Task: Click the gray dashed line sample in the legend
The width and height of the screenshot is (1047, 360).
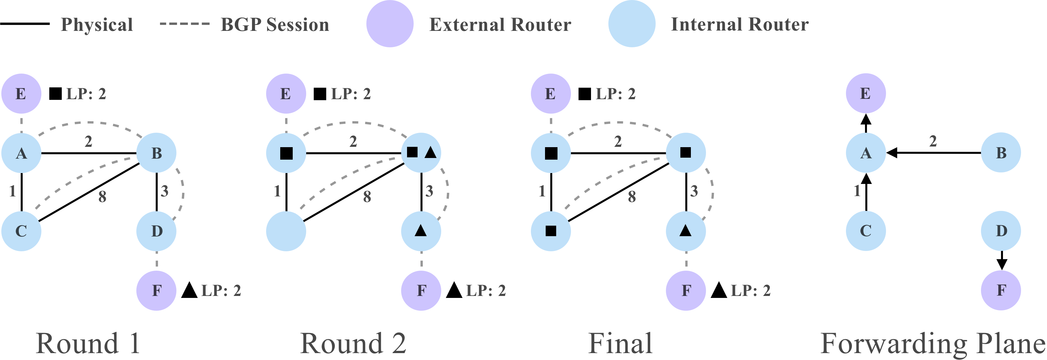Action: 185,24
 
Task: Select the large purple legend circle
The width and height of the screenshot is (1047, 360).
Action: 390,24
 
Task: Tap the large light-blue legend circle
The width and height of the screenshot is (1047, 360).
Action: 632,24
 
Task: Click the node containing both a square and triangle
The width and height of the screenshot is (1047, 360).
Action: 421,153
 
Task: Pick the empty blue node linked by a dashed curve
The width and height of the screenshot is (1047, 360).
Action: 286,231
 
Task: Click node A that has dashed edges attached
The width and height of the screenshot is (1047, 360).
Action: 21,153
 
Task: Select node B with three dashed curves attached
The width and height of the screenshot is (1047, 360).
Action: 156,153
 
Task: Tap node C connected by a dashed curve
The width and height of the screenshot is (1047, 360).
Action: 21,231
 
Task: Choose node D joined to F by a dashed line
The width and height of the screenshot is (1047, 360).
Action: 156,231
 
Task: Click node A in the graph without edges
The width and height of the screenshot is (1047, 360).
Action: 866,153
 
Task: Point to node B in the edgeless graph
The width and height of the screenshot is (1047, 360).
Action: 1001,153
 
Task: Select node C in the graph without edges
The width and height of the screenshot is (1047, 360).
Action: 866,231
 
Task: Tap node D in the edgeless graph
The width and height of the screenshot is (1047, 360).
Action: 1001,231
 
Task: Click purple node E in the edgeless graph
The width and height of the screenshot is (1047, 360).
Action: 866,94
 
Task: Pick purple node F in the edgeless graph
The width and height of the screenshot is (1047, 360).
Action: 1001,290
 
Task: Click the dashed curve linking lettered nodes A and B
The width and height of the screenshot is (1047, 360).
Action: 87,122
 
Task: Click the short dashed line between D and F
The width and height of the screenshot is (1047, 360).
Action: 156,260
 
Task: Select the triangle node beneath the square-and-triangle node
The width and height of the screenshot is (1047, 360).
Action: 421,231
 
